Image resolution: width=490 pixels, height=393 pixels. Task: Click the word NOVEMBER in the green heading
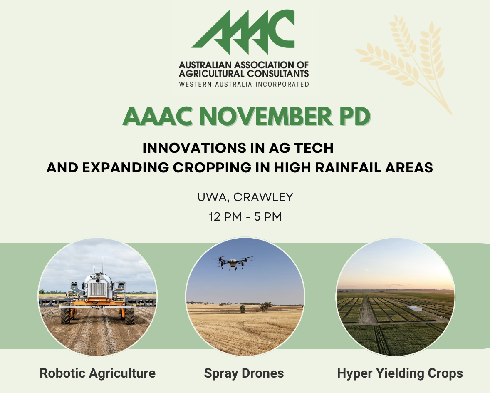pos(266,117)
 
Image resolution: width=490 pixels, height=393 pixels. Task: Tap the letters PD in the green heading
pos(355,117)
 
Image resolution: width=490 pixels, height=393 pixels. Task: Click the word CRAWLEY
pos(263,197)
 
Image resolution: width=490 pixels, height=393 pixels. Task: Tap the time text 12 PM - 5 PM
pos(245,216)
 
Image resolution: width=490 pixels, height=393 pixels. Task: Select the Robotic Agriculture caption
pos(97,373)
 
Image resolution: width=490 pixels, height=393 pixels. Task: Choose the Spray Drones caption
pos(244,373)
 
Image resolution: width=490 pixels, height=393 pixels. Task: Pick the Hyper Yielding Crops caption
pos(400,373)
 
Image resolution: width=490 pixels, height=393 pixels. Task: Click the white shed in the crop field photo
pos(415,308)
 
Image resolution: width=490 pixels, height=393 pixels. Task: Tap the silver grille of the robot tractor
pos(98,289)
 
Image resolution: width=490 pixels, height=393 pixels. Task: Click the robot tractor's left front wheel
pos(66,316)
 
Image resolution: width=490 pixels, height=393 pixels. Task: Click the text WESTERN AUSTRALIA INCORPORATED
pos(244,84)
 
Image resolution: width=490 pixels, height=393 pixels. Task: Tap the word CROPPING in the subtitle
pos(212,168)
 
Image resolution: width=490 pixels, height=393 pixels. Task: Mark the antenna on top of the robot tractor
pos(102,264)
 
